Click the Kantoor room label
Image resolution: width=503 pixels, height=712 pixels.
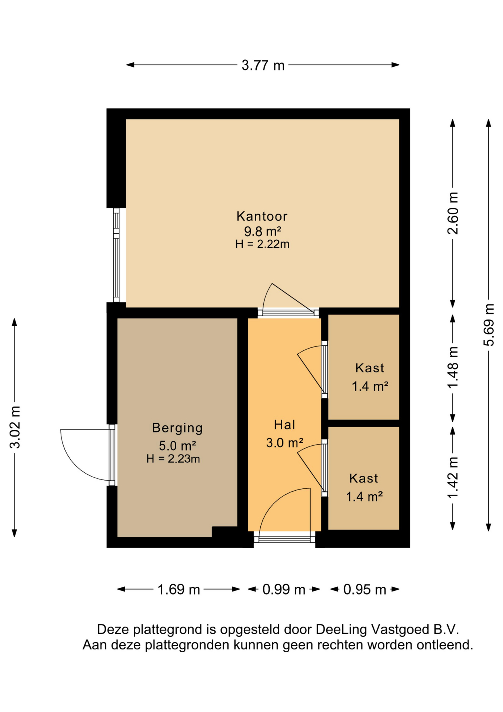pyautogui.click(x=262, y=216)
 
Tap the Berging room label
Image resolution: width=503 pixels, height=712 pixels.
pyautogui.click(x=177, y=428)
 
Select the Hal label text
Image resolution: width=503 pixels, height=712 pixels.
pyautogui.click(x=284, y=425)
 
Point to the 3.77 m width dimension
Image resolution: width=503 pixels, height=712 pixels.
pyautogui.click(x=263, y=65)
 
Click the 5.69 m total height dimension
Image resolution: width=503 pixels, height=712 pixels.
pyautogui.click(x=489, y=325)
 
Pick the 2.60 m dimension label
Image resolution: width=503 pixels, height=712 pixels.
pyautogui.click(x=453, y=214)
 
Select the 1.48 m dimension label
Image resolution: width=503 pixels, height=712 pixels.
pyautogui.click(x=453, y=367)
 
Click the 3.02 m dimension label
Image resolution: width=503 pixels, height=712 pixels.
pyautogui.click(x=15, y=427)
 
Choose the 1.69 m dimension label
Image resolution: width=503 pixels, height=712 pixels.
pyautogui.click(x=179, y=589)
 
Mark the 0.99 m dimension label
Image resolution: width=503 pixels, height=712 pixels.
pyautogui.click(x=284, y=589)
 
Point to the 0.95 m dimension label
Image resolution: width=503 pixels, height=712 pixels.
pyautogui.click(x=365, y=589)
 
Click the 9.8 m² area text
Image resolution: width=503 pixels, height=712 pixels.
pyautogui.click(x=262, y=231)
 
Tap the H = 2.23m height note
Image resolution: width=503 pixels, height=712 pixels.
pyautogui.click(x=173, y=459)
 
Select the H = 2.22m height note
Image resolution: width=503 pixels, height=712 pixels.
pyautogui.click(x=262, y=244)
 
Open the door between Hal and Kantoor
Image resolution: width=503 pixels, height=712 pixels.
pyautogui.click(x=288, y=312)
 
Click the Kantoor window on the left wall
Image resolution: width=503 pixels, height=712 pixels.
pyautogui.click(x=116, y=255)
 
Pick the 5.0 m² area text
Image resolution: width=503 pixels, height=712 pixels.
pyautogui.click(x=177, y=445)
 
